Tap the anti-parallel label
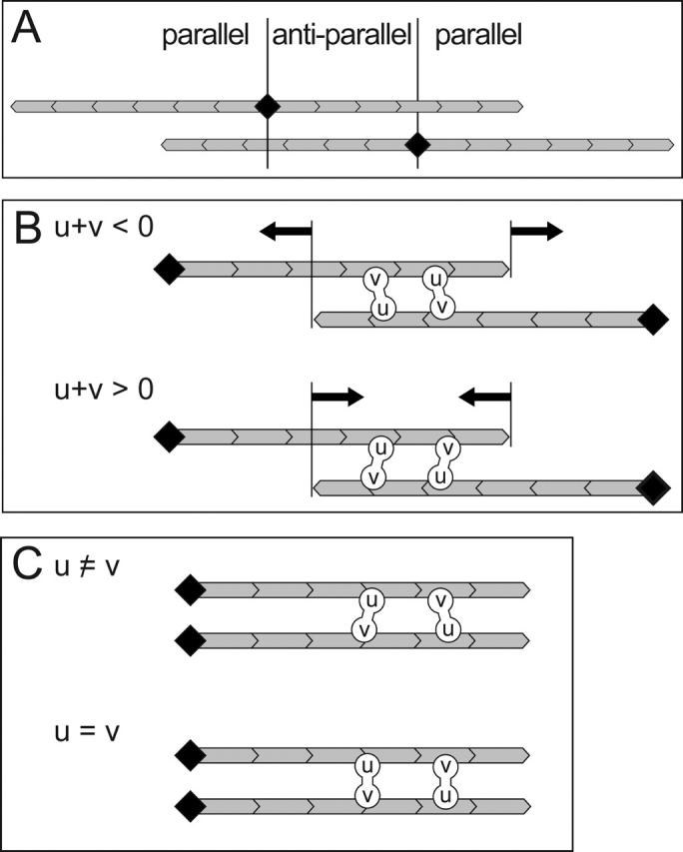[x=341, y=37]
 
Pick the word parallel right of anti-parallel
[x=477, y=37]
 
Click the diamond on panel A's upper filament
[x=267, y=106]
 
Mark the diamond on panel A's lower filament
[x=417, y=146]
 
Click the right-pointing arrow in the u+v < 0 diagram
[x=537, y=232]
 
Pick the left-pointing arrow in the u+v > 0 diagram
[x=484, y=397]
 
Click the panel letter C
[x=28, y=566]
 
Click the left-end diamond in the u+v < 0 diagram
[x=168, y=268]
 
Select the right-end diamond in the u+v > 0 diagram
[x=654, y=486]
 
